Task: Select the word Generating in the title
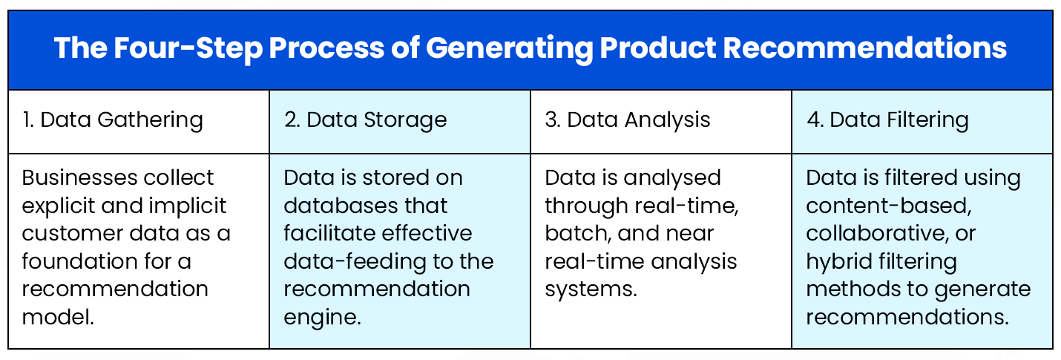[507, 49]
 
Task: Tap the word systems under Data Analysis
[591, 289]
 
